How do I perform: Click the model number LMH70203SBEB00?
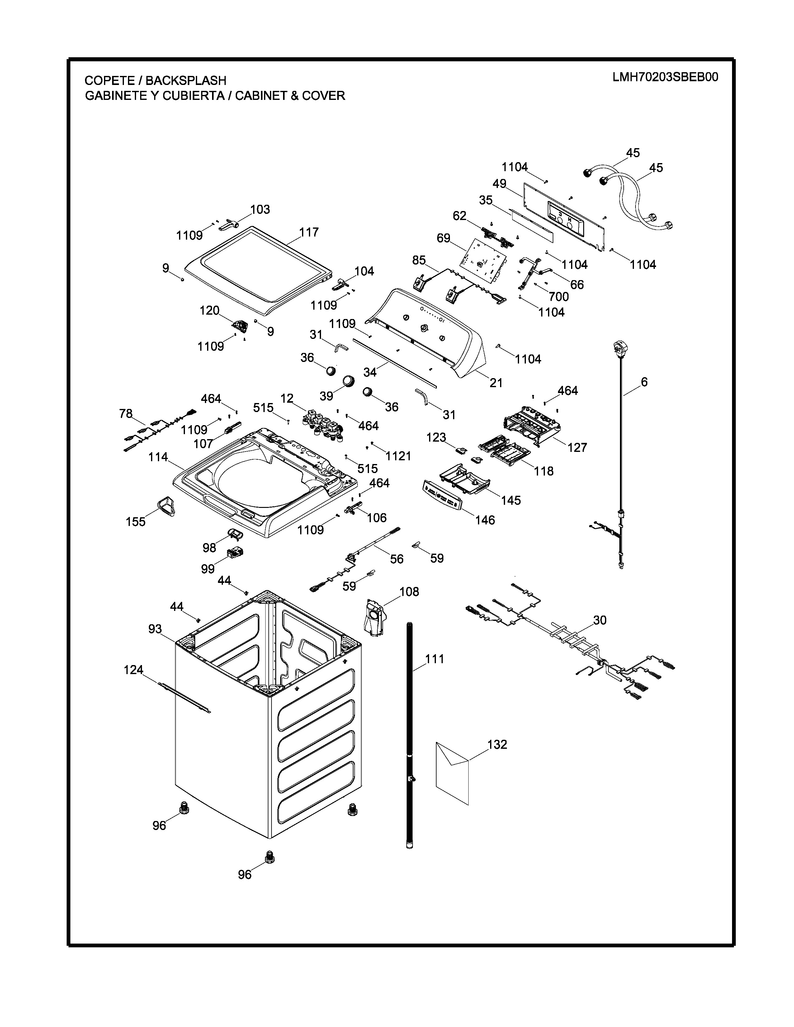coord(665,77)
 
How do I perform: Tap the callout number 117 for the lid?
coord(309,232)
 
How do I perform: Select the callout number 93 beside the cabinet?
coord(155,629)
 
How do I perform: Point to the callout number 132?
coord(497,744)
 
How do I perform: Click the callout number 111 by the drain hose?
coord(435,659)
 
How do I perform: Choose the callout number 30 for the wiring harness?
coord(600,620)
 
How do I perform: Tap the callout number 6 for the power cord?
coord(644,382)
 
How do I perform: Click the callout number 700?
coord(559,297)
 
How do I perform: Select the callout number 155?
coord(135,522)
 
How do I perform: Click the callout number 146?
coord(485,520)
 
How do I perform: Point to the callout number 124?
coord(133,670)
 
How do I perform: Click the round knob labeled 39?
coord(348,380)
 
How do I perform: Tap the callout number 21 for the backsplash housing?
coord(496,383)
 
